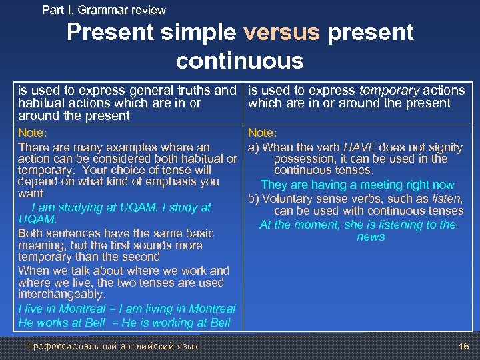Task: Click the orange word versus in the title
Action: tap(283, 32)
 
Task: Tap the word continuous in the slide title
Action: tap(239, 61)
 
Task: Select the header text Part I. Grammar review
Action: tap(104, 10)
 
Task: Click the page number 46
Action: tap(464, 346)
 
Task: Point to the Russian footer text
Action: tap(111, 346)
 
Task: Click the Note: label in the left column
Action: tap(33, 133)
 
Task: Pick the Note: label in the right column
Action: tap(263, 133)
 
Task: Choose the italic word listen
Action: tap(447, 199)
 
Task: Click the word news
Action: tap(371, 237)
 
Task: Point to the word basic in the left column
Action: tap(198, 233)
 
